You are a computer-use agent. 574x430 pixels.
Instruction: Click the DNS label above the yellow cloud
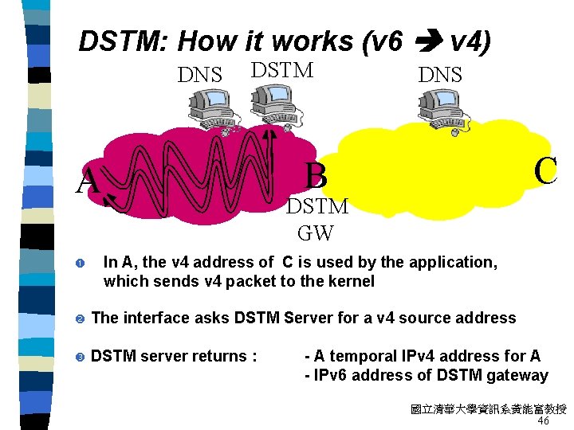tap(440, 75)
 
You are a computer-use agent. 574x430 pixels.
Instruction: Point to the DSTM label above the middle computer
tap(281, 70)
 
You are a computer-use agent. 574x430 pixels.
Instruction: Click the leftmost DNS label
tap(199, 75)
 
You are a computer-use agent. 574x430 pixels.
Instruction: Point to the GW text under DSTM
tap(316, 233)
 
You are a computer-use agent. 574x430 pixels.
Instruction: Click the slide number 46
tap(545, 420)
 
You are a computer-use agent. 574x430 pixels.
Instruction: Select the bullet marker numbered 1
tap(81, 263)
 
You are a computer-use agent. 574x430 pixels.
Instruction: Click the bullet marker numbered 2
tap(81, 319)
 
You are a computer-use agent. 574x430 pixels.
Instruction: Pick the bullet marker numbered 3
tap(81, 357)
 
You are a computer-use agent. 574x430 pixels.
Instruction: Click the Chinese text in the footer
tap(488, 409)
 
